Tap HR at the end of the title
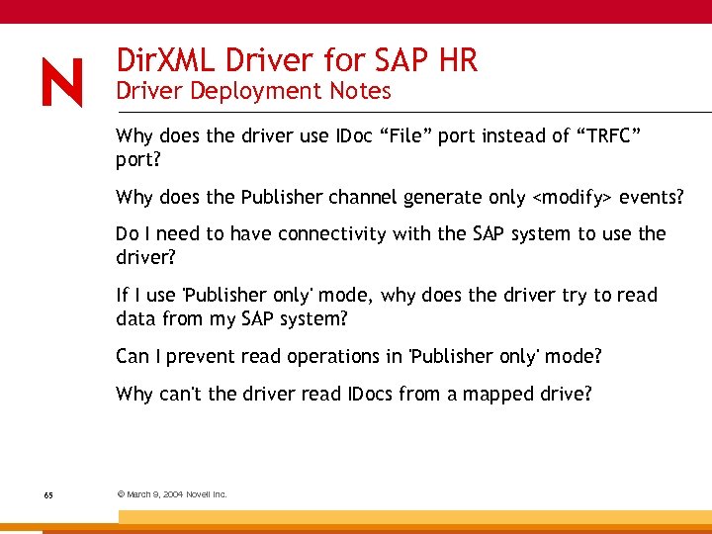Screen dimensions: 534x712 tap(456, 60)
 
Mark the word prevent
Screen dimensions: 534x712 tap(199, 355)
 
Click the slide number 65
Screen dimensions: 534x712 tap(48, 493)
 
